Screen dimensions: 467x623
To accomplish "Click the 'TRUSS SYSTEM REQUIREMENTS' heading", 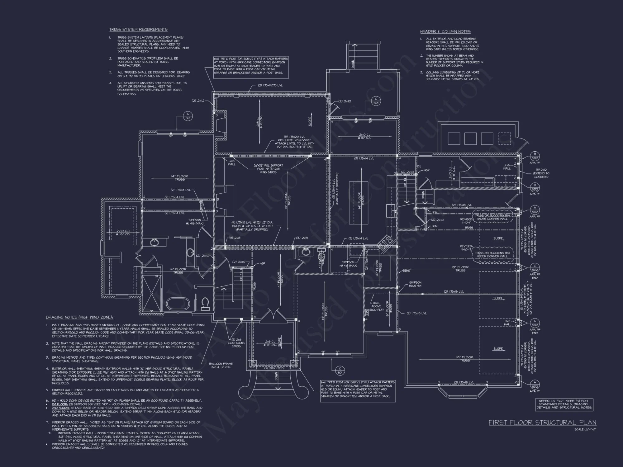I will click(138, 30).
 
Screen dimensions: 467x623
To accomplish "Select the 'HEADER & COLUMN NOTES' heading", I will click(445, 32).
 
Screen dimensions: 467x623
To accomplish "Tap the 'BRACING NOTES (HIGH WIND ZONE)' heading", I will click(79, 317).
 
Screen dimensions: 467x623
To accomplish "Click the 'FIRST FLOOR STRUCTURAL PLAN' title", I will click(542, 422).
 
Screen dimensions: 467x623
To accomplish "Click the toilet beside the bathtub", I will click(205, 303).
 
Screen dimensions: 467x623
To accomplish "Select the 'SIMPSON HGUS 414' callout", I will click(415, 284).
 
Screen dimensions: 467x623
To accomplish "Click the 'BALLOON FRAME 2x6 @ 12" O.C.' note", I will click(221, 366).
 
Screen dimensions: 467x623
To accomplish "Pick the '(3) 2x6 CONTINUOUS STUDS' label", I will click(236, 343).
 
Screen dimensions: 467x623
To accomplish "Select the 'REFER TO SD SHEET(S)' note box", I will click(564, 404).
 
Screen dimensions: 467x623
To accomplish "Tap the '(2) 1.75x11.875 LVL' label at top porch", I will click(270, 85).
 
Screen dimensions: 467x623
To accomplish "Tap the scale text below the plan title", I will click(585, 429).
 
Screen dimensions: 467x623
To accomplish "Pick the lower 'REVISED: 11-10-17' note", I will click(466, 248).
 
